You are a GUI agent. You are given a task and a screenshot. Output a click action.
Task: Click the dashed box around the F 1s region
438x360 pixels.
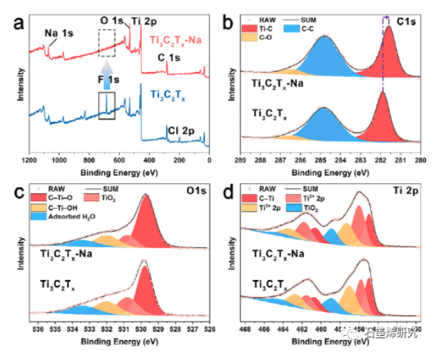click(106, 43)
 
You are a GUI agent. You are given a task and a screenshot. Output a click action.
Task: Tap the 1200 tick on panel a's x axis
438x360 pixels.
click(29, 152)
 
